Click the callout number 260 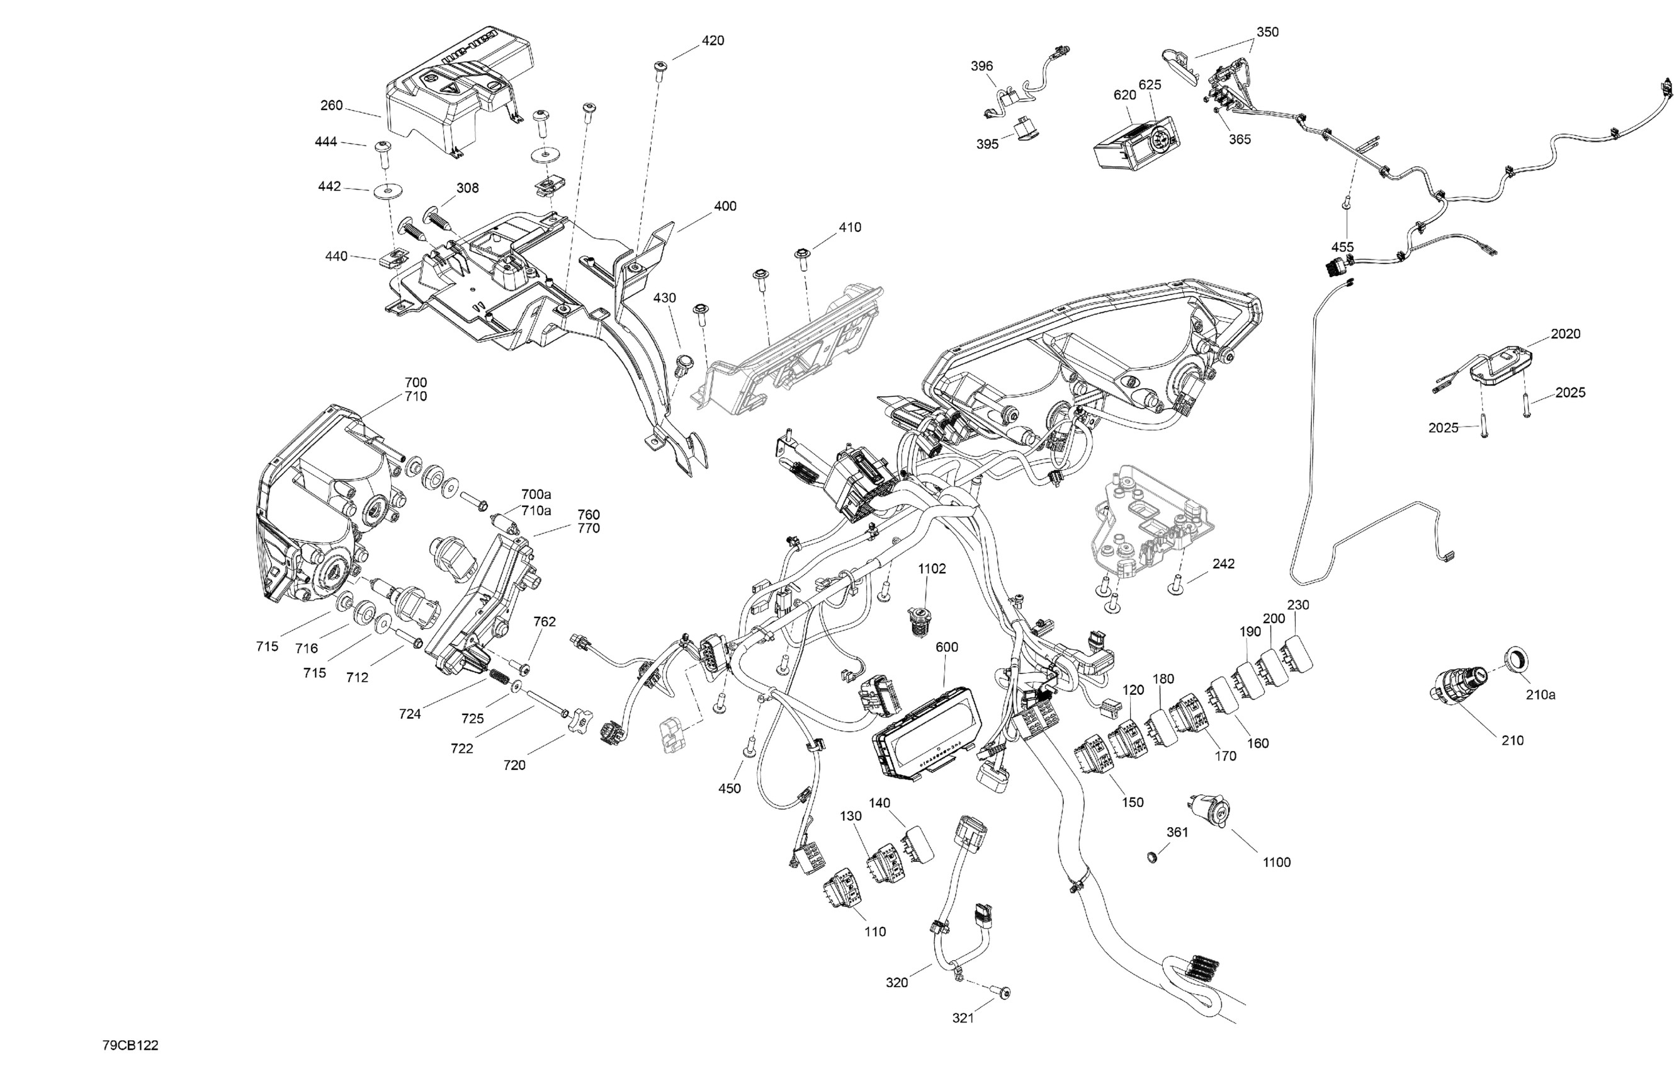(331, 105)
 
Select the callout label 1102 (932, 568)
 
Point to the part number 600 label (946, 647)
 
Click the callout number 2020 (1566, 334)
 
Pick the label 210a (1541, 694)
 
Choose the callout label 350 (1267, 32)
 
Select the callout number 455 (1342, 247)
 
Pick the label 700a (536, 495)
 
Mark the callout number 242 (1223, 563)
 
